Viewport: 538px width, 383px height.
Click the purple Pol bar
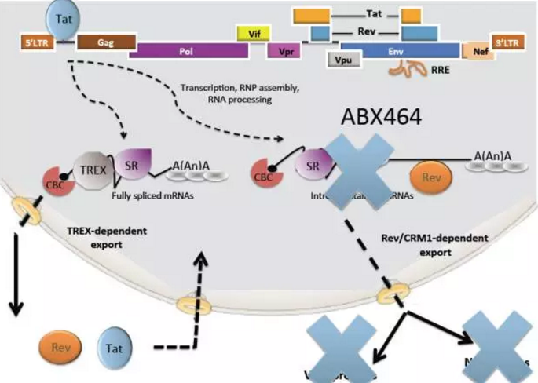point(188,49)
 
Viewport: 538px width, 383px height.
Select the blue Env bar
point(411,49)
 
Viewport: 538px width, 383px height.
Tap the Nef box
point(479,51)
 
